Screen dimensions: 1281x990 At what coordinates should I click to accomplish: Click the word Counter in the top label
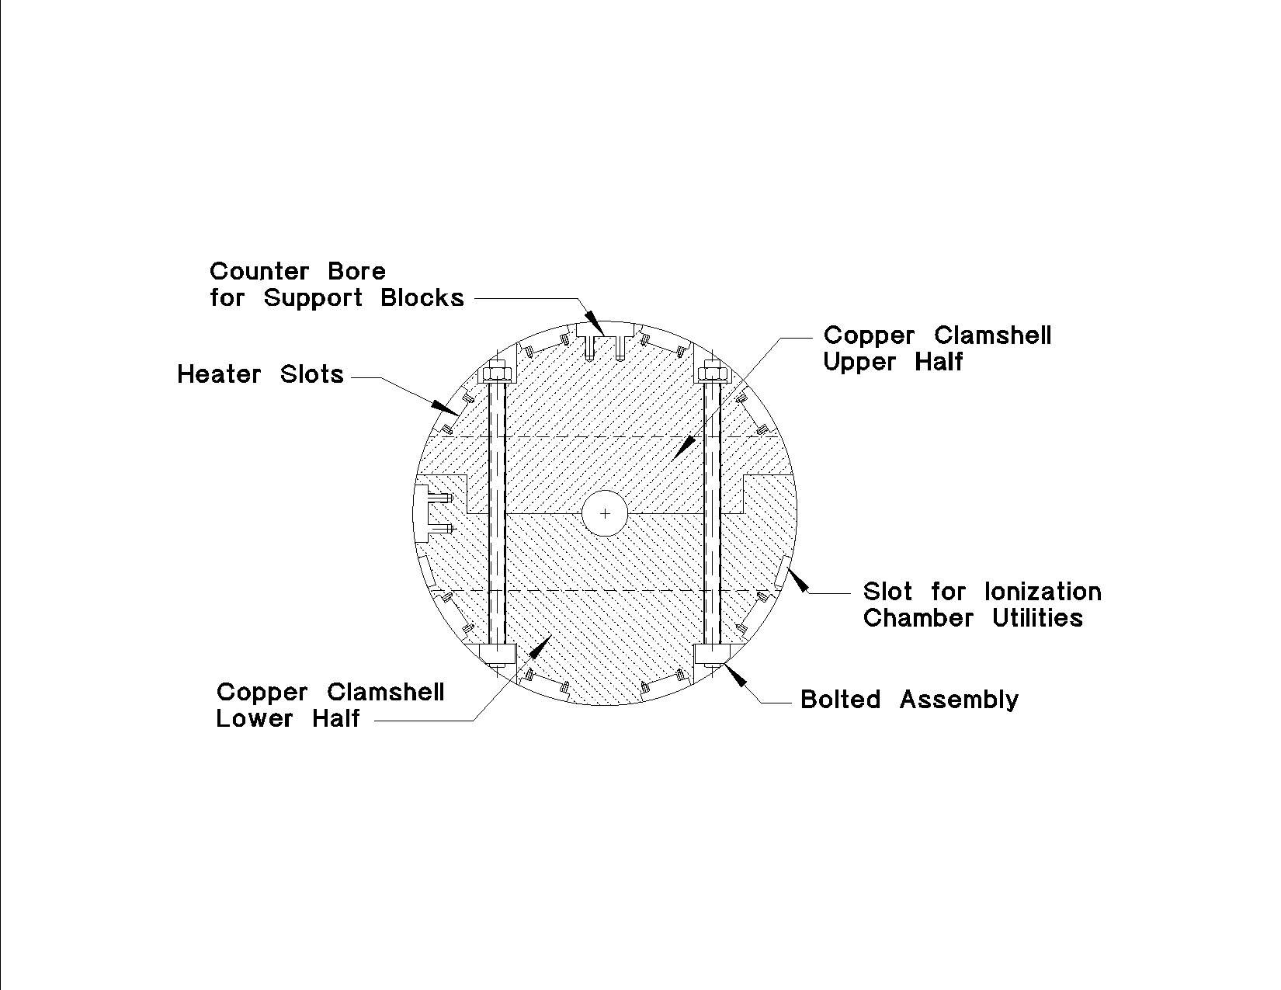tap(259, 272)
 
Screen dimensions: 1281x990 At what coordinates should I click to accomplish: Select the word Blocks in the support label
tap(422, 297)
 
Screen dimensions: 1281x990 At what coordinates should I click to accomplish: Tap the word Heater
tap(219, 374)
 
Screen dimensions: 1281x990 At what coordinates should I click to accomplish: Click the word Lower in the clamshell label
tap(254, 718)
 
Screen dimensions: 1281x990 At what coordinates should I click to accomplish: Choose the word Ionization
tap(1043, 592)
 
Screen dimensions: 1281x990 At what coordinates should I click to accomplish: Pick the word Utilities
tap(1037, 618)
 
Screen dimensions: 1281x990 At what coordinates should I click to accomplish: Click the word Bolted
tap(841, 700)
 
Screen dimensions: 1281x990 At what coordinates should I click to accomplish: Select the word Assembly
tap(959, 700)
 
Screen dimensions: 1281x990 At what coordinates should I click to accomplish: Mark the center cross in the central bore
tap(605, 513)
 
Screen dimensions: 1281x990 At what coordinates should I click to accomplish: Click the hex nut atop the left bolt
tap(497, 373)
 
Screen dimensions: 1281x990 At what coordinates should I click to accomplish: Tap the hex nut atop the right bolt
tap(712, 373)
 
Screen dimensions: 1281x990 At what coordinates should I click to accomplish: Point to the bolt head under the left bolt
tap(498, 655)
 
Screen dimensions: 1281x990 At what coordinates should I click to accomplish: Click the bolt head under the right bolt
tap(712, 655)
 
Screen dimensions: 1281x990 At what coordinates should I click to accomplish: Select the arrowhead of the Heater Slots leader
tap(445, 408)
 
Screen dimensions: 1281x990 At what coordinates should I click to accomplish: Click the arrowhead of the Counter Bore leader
tap(596, 326)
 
